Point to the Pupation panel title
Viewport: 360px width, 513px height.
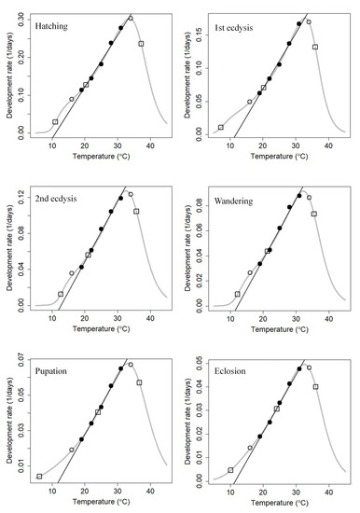tap(57, 371)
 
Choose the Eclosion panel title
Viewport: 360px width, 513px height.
tap(234, 371)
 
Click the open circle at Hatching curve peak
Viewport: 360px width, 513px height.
tap(131, 18)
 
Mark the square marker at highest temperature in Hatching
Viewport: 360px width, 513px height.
tap(141, 44)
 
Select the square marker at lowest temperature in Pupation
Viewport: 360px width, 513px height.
tap(39, 476)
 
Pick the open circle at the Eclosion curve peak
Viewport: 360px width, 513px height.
tap(309, 367)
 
